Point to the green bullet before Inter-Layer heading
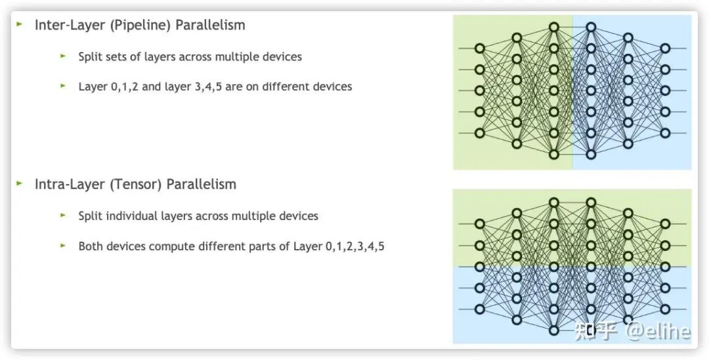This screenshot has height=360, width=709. pyautogui.click(x=20, y=24)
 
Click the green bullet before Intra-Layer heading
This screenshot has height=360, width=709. pyautogui.click(x=20, y=183)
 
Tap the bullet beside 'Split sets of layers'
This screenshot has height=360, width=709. pyautogui.click(x=63, y=56)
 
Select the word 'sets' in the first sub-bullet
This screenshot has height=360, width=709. pyautogui.click(x=117, y=57)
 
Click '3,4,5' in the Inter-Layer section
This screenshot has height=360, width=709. pyautogui.click(x=207, y=87)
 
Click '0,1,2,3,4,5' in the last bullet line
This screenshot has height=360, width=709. pyautogui.click(x=355, y=247)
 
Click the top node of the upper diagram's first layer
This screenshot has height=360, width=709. pyautogui.click(x=479, y=48)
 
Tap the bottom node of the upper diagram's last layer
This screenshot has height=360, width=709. pyautogui.click(x=665, y=133)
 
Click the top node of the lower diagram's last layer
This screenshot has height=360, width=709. pyautogui.click(x=665, y=224)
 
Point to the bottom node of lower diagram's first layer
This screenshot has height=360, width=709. pyautogui.click(x=479, y=309)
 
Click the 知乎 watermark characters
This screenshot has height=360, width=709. pyautogui.click(x=595, y=330)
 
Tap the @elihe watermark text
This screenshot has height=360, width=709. pyautogui.click(x=658, y=330)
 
